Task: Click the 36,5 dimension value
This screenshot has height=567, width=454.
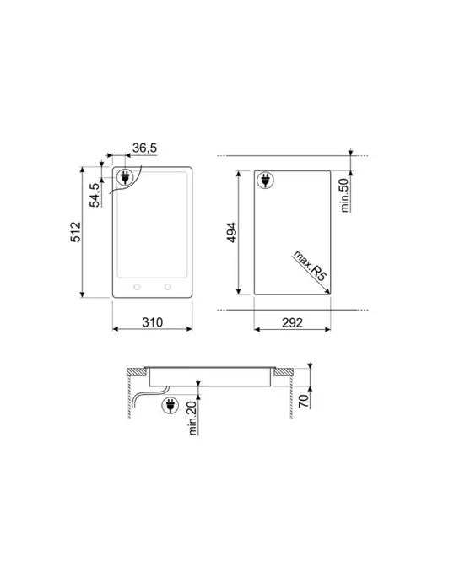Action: click(144, 148)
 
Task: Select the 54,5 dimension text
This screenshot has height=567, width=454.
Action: click(95, 195)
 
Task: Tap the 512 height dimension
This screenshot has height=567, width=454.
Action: click(76, 232)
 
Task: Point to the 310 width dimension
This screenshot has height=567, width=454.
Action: click(152, 322)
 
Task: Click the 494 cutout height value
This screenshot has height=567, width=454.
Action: click(231, 232)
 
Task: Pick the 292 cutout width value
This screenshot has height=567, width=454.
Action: click(292, 322)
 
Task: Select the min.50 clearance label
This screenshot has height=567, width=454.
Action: click(345, 195)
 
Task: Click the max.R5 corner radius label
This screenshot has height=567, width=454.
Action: click(311, 266)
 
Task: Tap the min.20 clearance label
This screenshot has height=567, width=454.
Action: click(192, 418)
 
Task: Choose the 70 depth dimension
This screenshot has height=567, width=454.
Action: click(304, 402)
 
